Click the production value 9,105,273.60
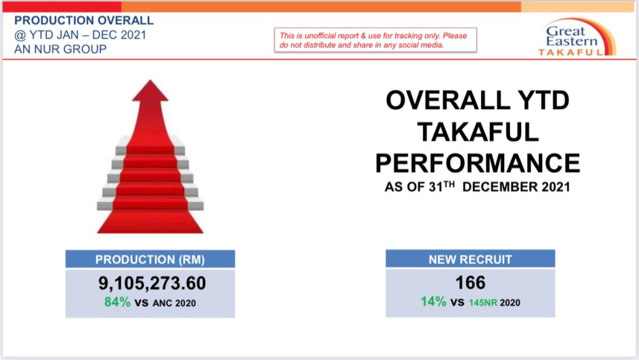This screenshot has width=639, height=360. tap(152, 283)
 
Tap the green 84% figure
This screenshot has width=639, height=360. tap(117, 302)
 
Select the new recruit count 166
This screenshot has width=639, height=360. tap(471, 283)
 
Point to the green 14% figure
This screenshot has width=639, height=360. tap(434, 301)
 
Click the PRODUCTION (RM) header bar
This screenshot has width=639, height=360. tap(150, 259)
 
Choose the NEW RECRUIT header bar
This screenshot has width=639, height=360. tap(471, 258)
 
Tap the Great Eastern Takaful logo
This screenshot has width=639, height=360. tap(576, 37)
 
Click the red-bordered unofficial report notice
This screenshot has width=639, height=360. tap(375, 40)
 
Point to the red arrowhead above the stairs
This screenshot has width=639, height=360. tap(150, 90)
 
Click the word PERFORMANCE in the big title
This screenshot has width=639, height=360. tap(477, 163)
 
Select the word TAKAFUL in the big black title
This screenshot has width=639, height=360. tap(477, 132)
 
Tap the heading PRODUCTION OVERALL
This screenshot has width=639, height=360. tap(84, 21)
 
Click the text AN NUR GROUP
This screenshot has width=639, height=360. tap(61, 49)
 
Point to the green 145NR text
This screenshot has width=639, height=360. tap(483, 303)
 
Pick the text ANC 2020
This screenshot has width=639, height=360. tap(175, 303)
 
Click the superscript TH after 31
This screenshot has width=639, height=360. tap(449, 184)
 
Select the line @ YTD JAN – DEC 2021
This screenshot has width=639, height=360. tap(80, 35)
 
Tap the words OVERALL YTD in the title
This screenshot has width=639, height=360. tap(477, 100)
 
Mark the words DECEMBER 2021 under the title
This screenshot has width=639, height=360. tap(516, 187)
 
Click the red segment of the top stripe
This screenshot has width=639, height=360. tap(62, 6)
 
